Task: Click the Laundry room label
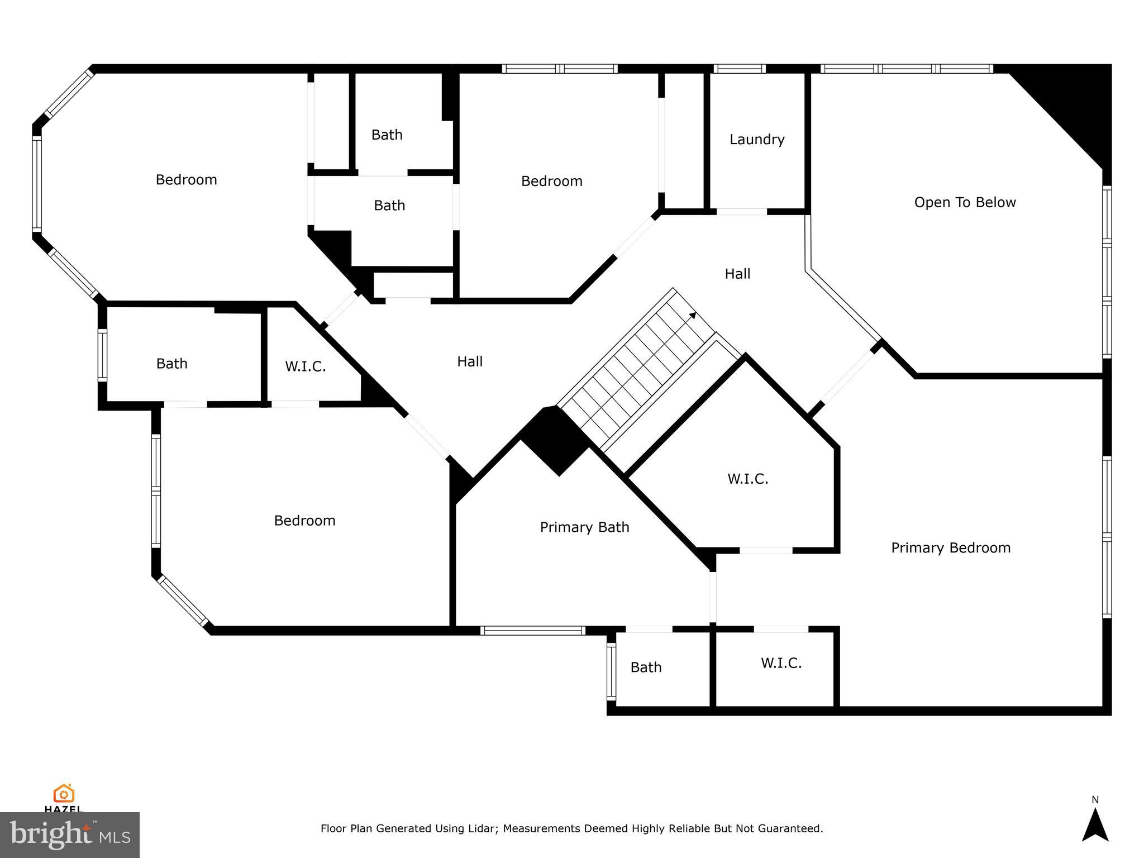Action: point(757,140)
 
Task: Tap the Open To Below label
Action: point(965,203)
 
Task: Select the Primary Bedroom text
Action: point(950,548)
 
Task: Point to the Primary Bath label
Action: point(584,527)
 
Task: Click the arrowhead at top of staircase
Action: point(693,316)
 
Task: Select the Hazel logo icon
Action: point(64,794)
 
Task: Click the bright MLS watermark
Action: point(70,835)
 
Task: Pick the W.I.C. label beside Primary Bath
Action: point(747,479)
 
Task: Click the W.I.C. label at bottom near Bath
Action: point(781,664)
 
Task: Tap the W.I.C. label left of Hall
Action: point(305,367)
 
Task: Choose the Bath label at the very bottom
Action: point(646,668)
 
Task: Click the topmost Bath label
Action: point(387,135)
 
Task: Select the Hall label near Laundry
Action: point(737,274)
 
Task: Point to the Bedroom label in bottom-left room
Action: point(304,521)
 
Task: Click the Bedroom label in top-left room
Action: point(186,180)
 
